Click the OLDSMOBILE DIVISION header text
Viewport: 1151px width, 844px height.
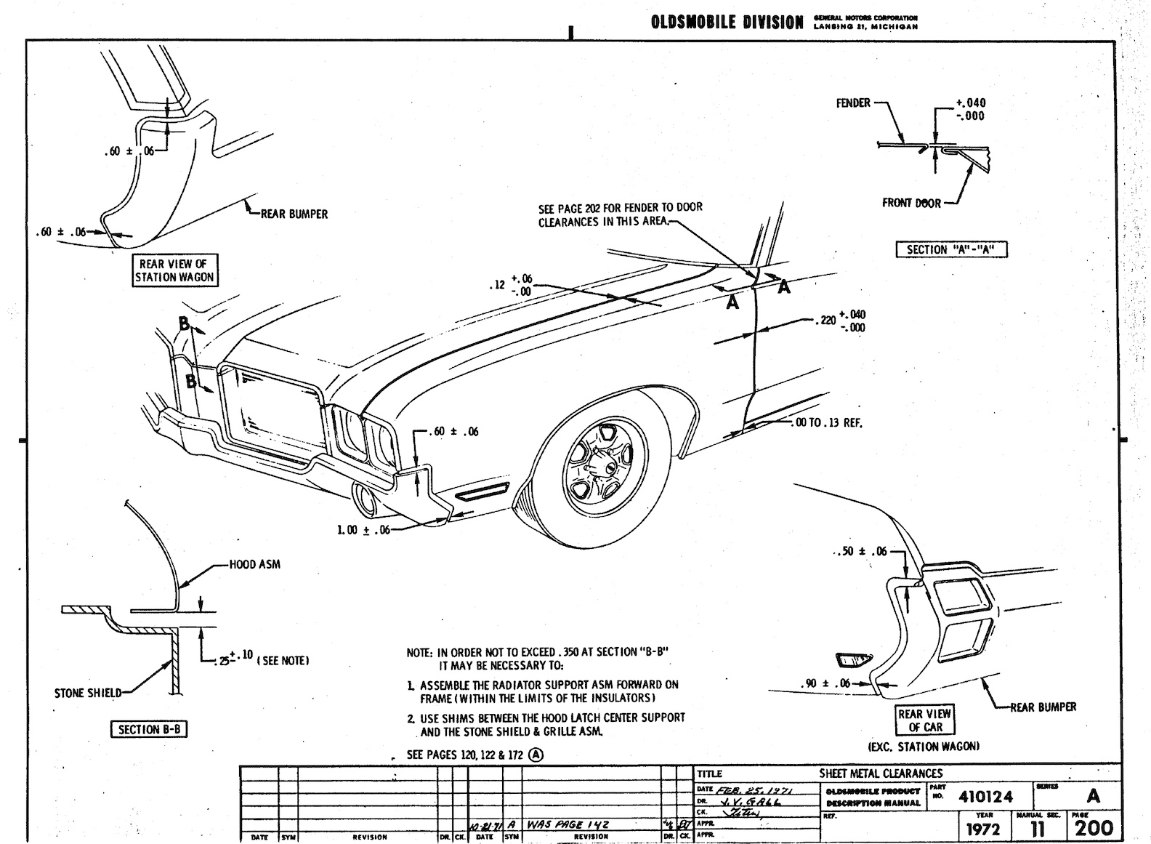(727, 23)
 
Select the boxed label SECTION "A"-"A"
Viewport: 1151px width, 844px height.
(951, 249)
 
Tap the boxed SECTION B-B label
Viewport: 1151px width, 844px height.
(148, 729)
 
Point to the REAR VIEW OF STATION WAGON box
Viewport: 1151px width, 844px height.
(174, 270)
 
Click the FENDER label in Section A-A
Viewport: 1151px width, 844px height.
(853, 103)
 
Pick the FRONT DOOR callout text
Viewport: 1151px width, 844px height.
(911, 203)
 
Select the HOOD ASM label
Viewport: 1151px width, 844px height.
(254, 564)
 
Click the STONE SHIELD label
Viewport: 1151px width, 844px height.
(88, 693)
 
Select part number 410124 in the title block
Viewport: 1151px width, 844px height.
(985, 796)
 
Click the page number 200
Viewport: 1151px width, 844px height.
(1093, 828)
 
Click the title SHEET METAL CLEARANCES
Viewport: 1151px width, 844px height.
(881, 773)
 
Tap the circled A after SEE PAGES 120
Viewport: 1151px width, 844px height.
(536, 754)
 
